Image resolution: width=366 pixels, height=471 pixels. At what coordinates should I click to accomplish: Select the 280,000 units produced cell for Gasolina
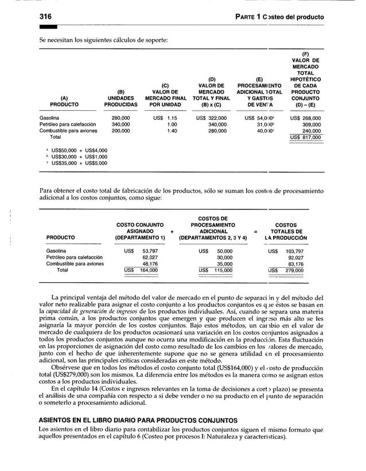(x=120, y=117)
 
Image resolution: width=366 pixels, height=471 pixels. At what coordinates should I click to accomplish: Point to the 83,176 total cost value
(x=295, y=264)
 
